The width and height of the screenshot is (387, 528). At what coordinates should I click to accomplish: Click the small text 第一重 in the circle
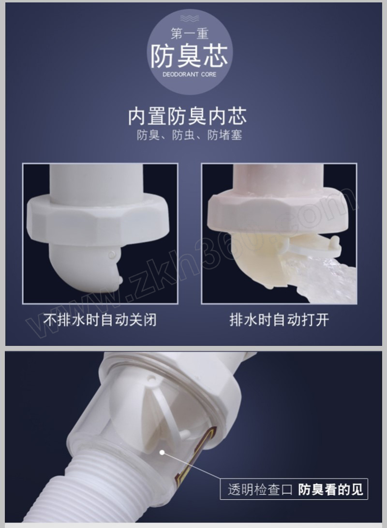tap(190, 34)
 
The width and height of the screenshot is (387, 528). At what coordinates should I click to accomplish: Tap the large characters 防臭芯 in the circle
tap(189, 56)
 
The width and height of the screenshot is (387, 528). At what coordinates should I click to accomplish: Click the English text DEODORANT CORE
tap(190, 74)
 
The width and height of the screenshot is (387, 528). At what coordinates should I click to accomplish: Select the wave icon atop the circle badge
tap(190, 18)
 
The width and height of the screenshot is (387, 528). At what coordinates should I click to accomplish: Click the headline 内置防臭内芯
tap(187, 116)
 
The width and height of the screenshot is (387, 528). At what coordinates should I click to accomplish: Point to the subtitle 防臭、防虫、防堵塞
tap(189, 135)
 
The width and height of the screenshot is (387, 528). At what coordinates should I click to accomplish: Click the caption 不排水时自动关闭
tap(100, 320)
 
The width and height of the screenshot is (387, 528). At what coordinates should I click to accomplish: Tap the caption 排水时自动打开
tap(279, 320)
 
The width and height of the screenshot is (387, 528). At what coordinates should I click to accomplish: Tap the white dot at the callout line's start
tap(162, 453)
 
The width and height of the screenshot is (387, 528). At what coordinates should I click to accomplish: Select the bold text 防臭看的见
tap(330, 489)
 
